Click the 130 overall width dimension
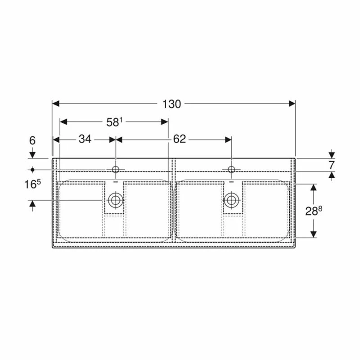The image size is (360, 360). (x=171, y=104)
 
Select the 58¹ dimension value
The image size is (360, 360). (x=114, y=121)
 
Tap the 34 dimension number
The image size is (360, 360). (x=85, y=139)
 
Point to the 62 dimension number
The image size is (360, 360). (x=179, y=139)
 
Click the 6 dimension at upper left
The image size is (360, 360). (x=32, y=140)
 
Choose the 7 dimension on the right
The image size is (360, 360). (x=332, y=164)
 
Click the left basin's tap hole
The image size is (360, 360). (x=116, y=170)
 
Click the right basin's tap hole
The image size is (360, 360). (x=231, y=170)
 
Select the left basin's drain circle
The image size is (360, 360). (x=116, y=200)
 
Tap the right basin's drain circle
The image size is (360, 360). (x=231, y=200)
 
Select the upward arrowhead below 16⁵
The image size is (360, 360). (x=32, y=204)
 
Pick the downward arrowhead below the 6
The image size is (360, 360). (x=32, y=155)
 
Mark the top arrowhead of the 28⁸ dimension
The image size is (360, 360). (x=314, y=187)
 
